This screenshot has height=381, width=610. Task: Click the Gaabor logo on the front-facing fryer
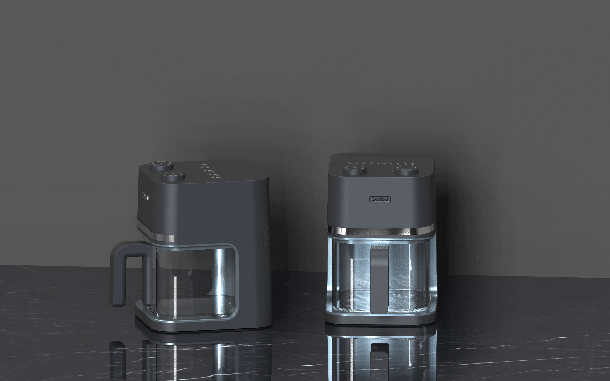tap(380, 199)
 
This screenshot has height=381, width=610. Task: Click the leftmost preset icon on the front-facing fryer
tap(350, 163)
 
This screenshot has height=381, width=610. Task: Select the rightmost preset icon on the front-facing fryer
tap(412, 163)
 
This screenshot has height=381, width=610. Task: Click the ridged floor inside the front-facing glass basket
tap(358, 297)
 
